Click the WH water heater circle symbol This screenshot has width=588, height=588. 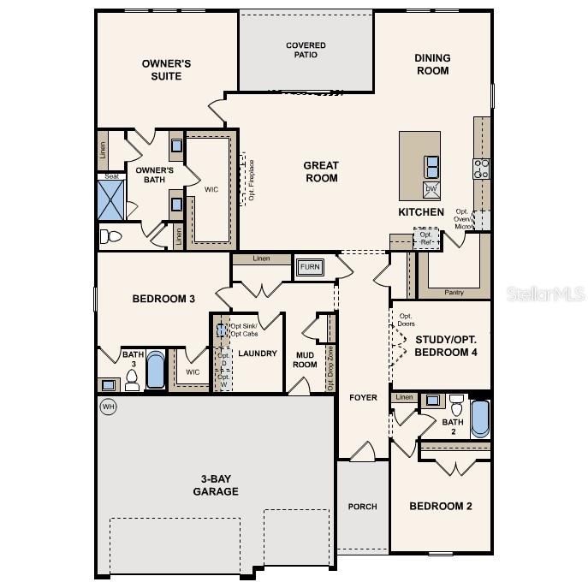tap(109, 407)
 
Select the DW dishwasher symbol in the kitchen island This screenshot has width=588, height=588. tap(431, 189)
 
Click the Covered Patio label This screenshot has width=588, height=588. tap(306, 50)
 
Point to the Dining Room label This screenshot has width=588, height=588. tap(432, 64)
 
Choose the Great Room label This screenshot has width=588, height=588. tap(321, 171)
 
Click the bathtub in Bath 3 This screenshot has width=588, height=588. tap(156, 370)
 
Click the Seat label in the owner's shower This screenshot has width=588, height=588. tap(111, 176)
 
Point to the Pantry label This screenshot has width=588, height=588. tap(454, 292)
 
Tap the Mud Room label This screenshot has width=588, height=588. tap(306, 359)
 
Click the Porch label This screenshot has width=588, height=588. tap(362, 507)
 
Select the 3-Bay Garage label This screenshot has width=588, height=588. tap(215, 484)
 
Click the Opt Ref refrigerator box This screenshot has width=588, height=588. tap(425, 237)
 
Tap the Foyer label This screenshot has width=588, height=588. tap(363, 398)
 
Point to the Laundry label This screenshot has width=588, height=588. tap(257, 353)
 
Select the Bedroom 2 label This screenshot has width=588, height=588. tap(440, 506)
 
